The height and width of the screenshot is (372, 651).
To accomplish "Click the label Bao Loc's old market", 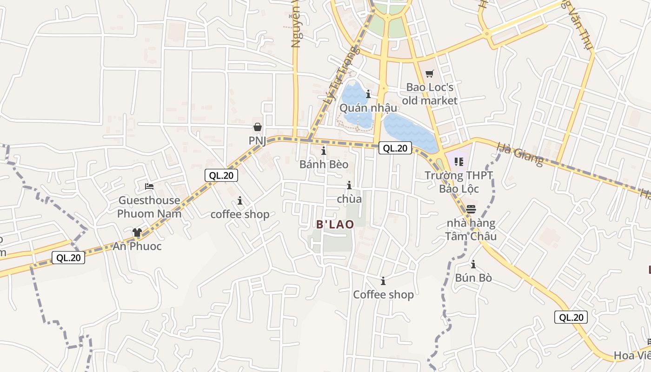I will click(x=430, y=93).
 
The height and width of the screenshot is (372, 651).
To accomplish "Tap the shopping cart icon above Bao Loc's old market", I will click(x=429, y=74).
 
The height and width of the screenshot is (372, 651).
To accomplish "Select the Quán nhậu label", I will click(x=368, y=107).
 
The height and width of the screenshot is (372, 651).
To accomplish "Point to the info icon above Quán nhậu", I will click(x=368, y=94).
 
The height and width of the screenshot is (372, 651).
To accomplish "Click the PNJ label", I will click(x=257, y=140).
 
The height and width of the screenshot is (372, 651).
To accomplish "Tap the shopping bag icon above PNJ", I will click(x=257, y=126).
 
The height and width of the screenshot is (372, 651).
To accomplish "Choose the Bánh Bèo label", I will click(x=324, y=164).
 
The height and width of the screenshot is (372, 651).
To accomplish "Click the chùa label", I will click(x=349, y=199).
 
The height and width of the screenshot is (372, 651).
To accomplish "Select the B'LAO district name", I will click(x=335, y=224).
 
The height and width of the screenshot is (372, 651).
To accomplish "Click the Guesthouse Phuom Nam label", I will click(x=149, y=207).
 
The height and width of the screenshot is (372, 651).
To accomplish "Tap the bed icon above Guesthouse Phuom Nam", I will click(x=149, y=186).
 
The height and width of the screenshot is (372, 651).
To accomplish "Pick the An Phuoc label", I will click(x=137, y=246).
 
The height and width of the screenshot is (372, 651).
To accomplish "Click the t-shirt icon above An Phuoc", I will click(x=137, y=232).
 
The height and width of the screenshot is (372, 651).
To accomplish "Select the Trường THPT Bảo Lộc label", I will click(x=459, y=182).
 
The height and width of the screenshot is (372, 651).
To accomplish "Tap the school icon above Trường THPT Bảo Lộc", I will click(x=459, y=162).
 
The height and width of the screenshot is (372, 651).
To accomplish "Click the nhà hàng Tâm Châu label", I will click(x=471, y=230).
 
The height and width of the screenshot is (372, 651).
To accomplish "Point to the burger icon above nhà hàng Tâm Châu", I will click(x=471, y=209).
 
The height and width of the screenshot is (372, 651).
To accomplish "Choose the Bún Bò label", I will click(x=473, y=278).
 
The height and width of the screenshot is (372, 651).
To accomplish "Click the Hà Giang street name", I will click(x=520, y=154).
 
